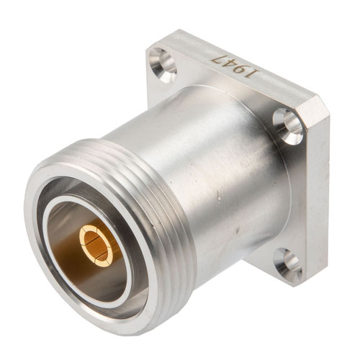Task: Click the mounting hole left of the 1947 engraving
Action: [x=163, y=63]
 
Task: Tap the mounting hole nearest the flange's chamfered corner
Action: [x=288, y=126]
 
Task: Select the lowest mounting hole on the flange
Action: [x=288, y=262]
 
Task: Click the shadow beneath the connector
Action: [x=216, y=302]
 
